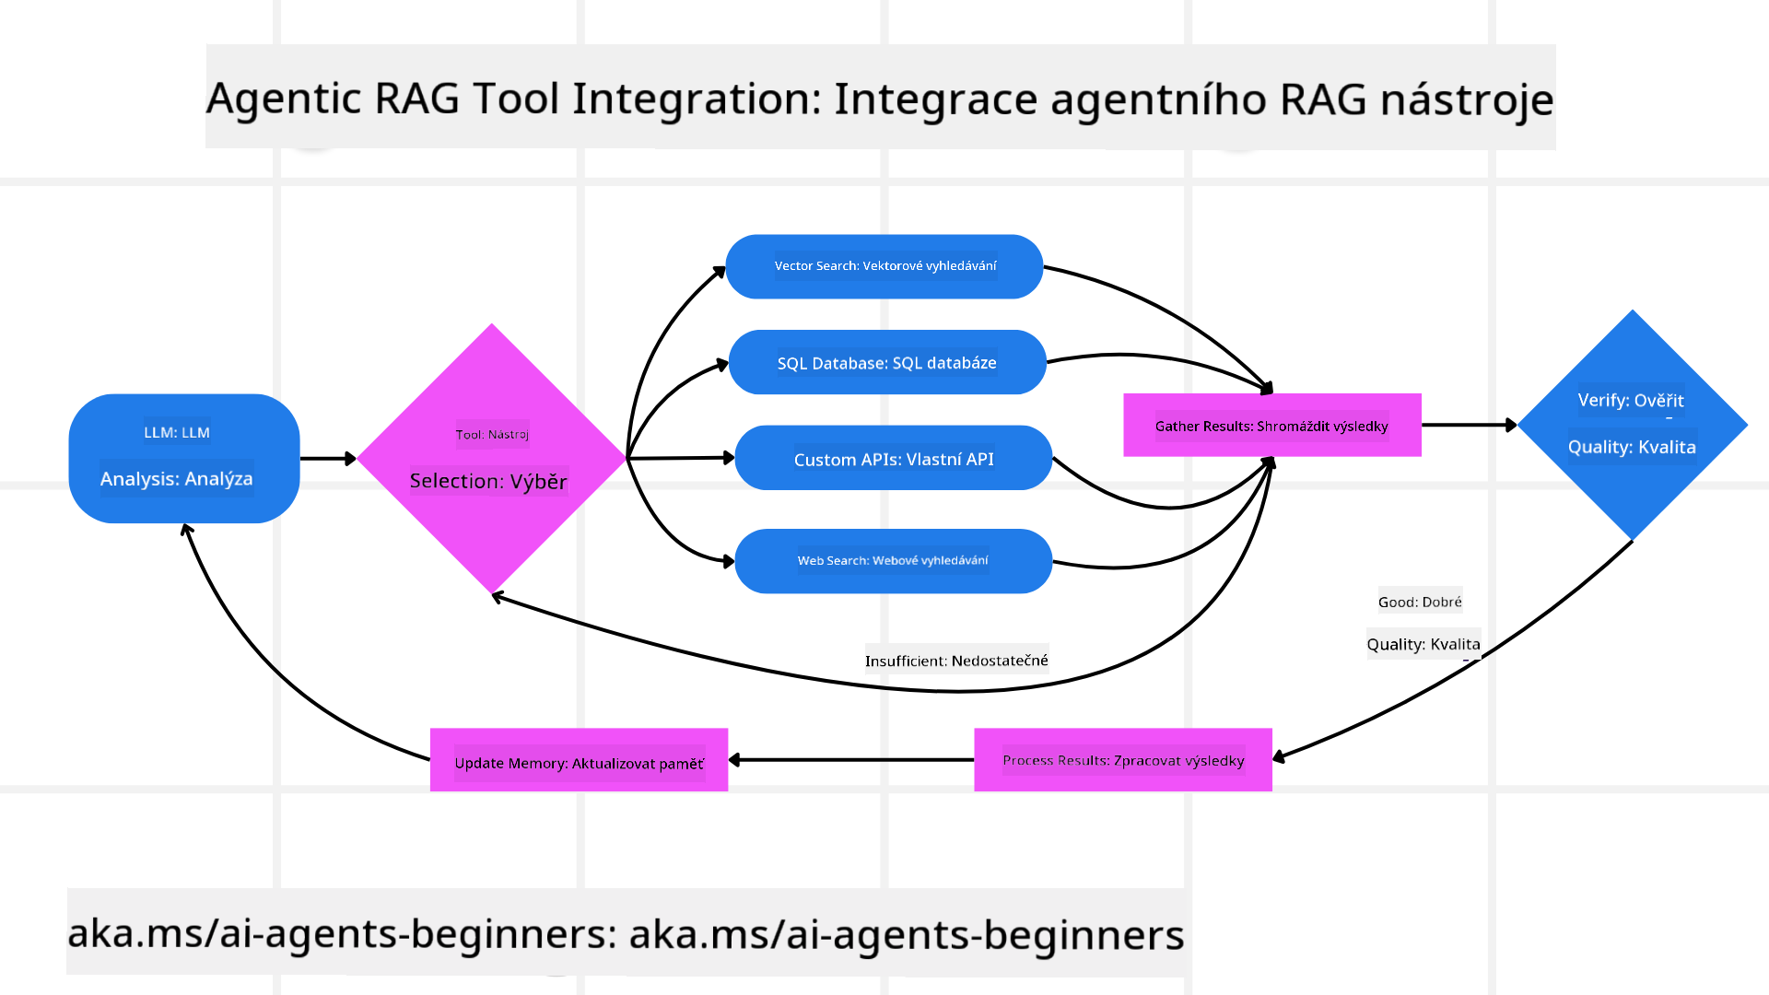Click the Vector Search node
884,266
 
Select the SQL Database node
886,362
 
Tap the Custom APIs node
893,458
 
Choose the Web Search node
893,560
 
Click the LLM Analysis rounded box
184,458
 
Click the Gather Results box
1271,426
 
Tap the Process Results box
1122,760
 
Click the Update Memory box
579,761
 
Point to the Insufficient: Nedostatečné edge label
956,661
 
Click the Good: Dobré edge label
1420,603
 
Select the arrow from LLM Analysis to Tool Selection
327,458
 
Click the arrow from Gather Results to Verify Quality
1468,425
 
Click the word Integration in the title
696,99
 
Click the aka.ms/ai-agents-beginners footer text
625,933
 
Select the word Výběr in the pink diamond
538,481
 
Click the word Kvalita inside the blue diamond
1666,447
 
